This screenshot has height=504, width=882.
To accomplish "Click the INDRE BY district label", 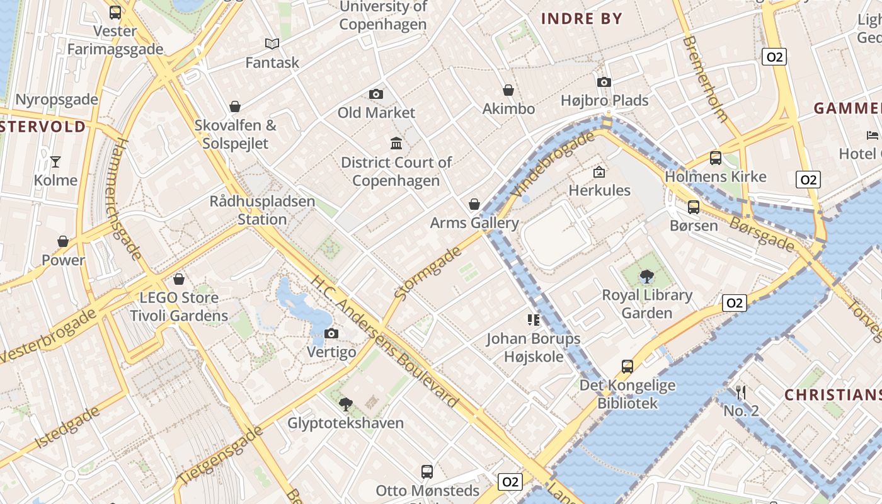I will point(581,18).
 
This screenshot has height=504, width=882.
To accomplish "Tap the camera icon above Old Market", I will point(376,94).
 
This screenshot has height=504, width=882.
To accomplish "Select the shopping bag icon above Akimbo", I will point(508,91).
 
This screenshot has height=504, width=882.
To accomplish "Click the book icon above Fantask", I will point(272,44).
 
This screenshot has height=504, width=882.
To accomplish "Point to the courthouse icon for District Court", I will point(396,144).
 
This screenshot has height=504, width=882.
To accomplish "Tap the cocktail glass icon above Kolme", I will point(55,162).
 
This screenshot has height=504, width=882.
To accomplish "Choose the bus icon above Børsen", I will point(694,207).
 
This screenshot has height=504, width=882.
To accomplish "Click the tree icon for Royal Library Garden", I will point(646,276).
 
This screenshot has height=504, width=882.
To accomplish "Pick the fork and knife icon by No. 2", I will point(741,392).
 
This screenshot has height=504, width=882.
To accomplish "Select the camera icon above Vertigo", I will point(331,333).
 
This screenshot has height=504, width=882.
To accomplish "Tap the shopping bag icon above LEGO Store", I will point(179,279).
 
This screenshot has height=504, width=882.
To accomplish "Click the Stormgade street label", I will point(428,272).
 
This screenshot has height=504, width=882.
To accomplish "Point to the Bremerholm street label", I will point(705,79).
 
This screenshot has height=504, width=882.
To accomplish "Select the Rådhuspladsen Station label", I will point(262,210).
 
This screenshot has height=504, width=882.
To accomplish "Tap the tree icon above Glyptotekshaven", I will point(345,404).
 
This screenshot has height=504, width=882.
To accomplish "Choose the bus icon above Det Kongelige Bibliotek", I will point(627,367).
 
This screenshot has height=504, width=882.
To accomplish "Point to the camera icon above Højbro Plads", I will point(604,82).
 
